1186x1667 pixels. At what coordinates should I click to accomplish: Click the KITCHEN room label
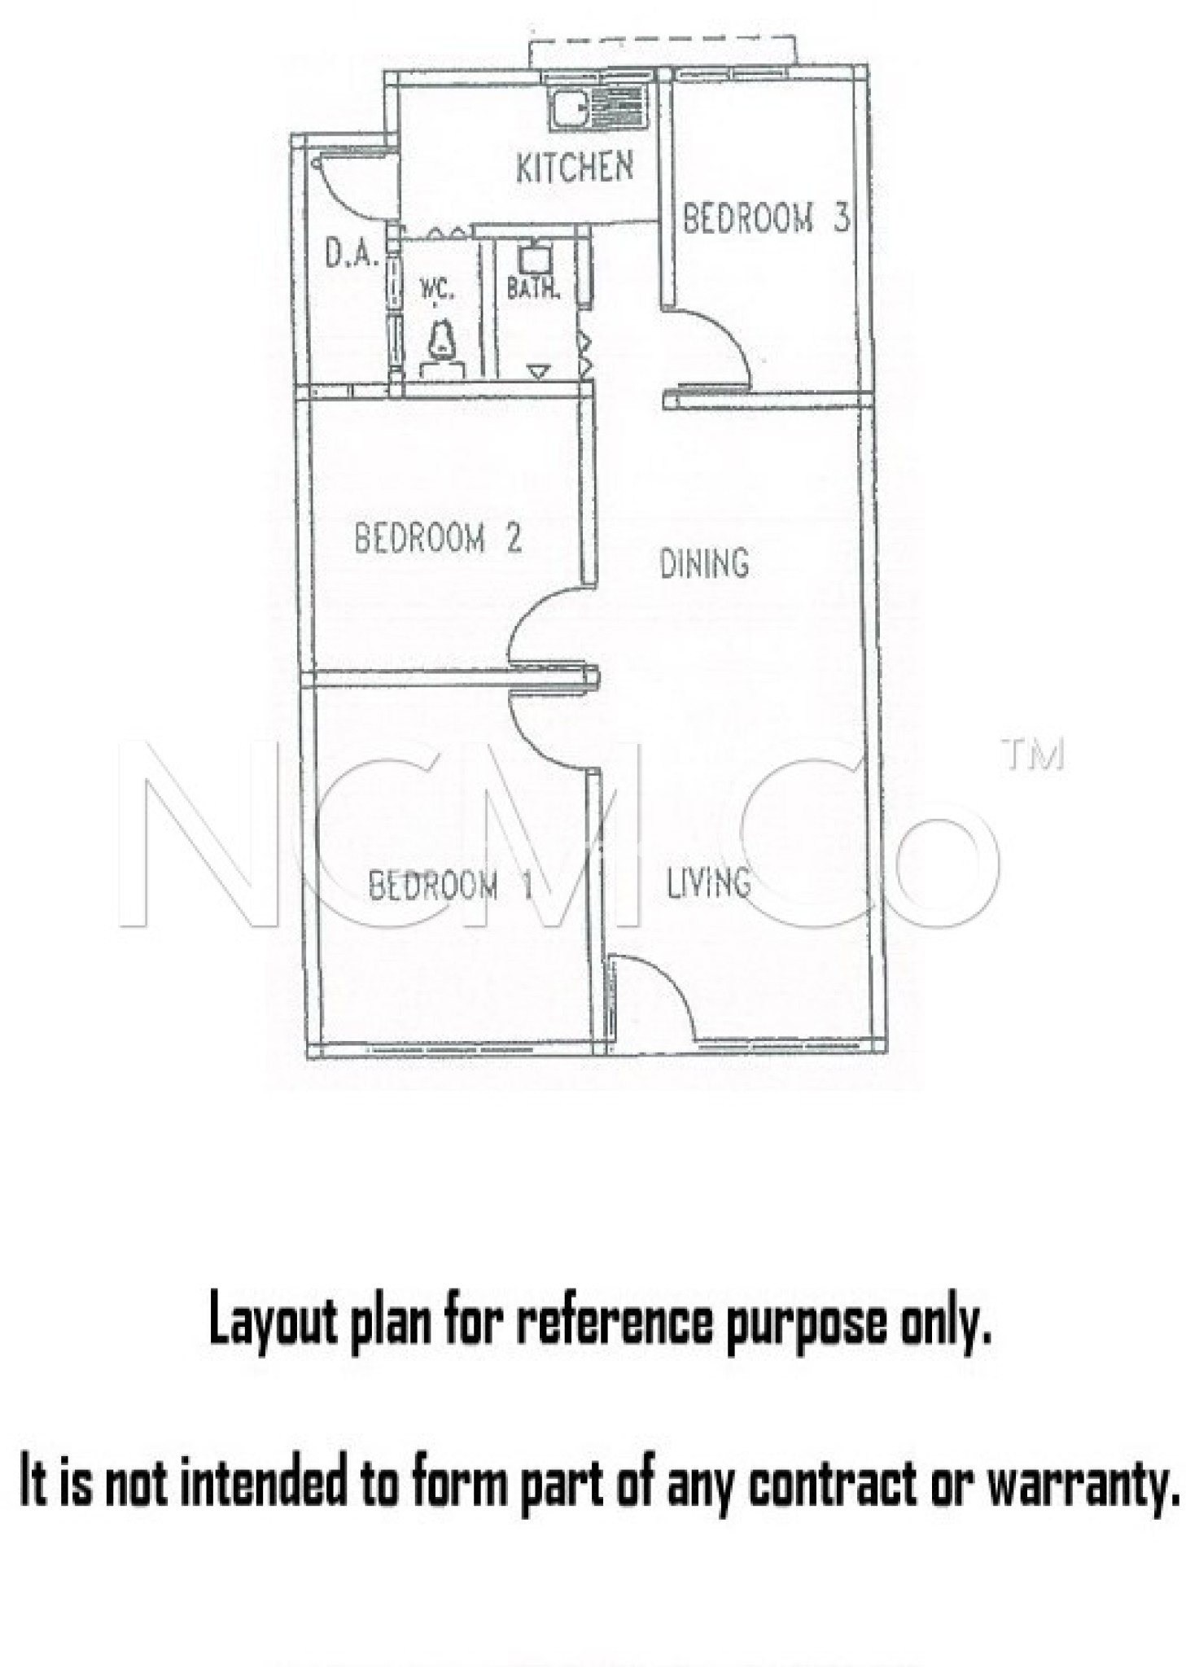pos(574,167)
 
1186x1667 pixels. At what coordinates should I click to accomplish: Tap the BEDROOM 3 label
pos(765,219)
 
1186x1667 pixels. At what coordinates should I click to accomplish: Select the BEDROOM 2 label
pos(438,538)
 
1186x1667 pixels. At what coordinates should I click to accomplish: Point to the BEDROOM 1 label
pos(450,885)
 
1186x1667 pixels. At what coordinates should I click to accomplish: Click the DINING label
pos(703,563)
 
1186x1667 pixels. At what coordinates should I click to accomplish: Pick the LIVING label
pos(707,882)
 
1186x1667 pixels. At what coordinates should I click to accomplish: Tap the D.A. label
pos(352,254)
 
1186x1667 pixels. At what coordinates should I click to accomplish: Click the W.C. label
pos(437,289)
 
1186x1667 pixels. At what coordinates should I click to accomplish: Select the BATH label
pos(533,288)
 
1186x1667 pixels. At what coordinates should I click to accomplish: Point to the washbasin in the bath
pos(536,258)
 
